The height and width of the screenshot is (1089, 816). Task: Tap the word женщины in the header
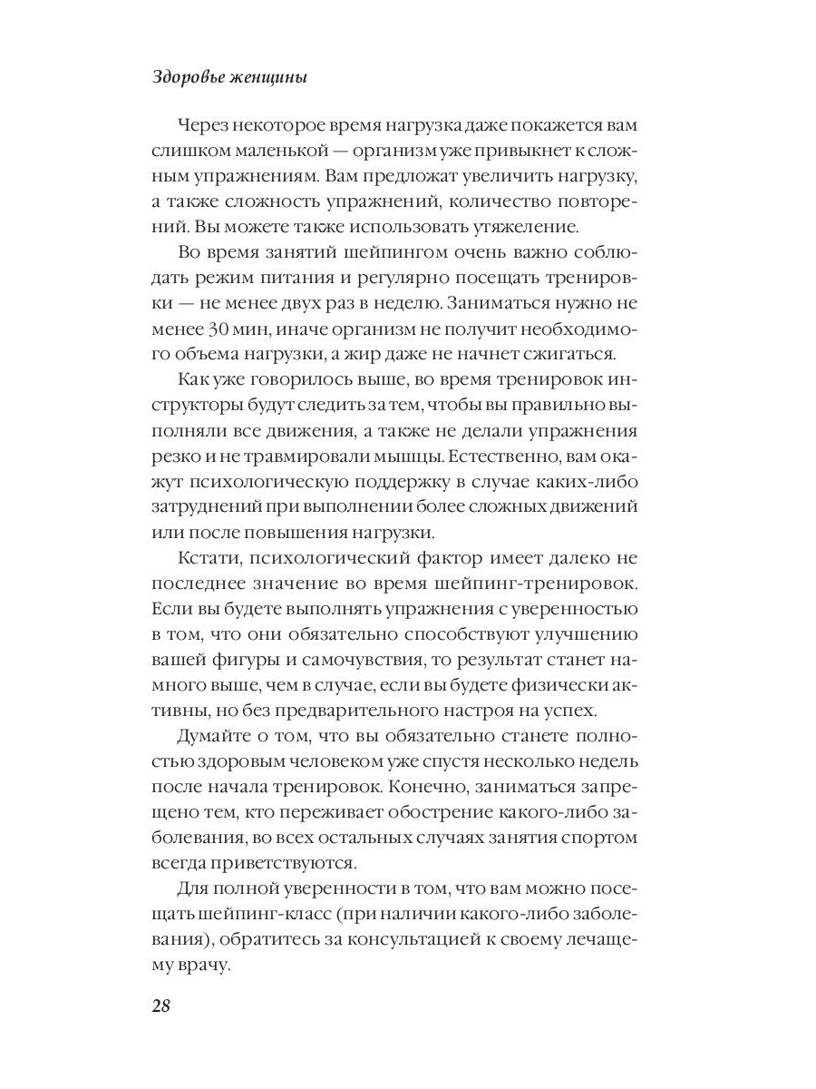270,78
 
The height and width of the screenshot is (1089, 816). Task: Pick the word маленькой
256,151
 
